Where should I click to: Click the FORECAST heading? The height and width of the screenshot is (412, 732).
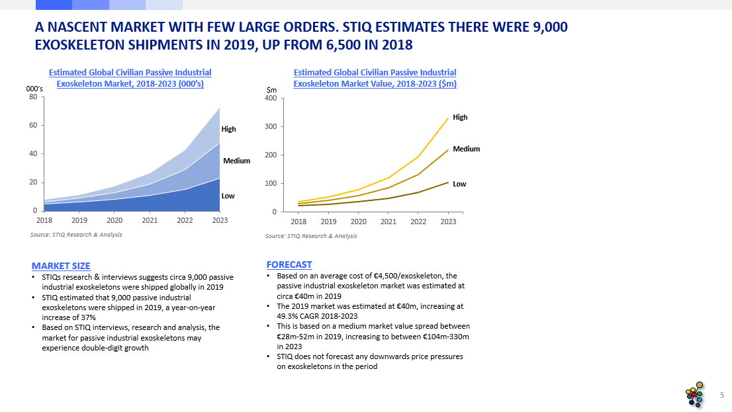coord(289,265)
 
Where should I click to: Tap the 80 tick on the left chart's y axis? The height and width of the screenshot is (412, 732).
coord(33,97)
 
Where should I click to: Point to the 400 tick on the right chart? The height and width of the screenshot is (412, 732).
coord(270,99)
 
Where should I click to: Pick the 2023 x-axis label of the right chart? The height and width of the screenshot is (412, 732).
coord(448,222)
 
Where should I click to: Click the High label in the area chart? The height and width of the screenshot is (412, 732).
coord(228,129)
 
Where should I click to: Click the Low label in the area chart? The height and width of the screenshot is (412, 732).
coord(228,196)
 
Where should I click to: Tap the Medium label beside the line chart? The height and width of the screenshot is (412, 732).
coord(466,149)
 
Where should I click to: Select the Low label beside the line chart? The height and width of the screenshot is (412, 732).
coord(459,184)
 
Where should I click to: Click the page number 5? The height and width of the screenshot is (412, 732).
coord(721,395)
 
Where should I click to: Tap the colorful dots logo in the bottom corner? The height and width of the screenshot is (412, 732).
coord(695,395)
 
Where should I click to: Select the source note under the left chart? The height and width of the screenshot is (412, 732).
coord(76,235)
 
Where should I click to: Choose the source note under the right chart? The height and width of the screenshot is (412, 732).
coord(311,236)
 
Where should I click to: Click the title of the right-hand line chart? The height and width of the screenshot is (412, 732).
coord(375,78)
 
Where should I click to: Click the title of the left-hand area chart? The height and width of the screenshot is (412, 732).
coord(130,78)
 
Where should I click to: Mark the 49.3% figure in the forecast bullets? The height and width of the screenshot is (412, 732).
coord(288,316)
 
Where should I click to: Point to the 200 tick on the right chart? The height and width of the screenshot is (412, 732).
coord(270,155)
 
